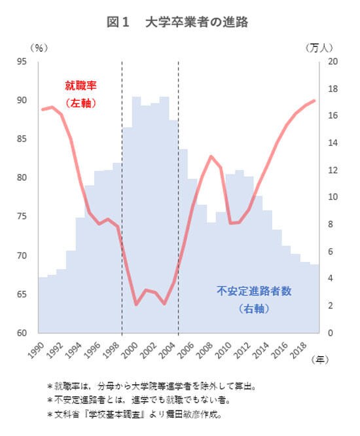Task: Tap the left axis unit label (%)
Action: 40,48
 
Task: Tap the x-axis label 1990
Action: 37,351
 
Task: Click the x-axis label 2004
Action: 169,351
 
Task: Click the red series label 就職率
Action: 81,85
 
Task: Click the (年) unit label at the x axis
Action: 321,359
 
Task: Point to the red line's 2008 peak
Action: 211,156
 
